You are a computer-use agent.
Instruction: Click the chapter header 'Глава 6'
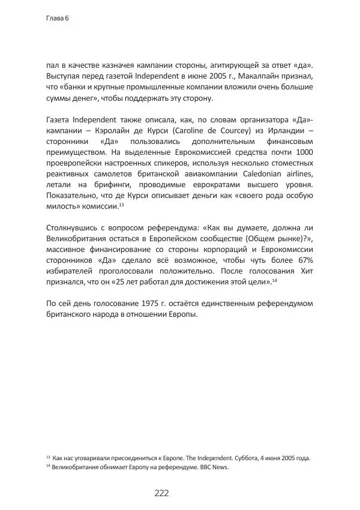point(58,19)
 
